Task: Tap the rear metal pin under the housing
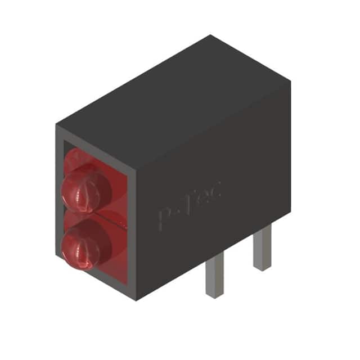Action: click(262, 247)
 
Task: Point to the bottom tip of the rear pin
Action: click(262, 268)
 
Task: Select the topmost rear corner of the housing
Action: click(210, 35)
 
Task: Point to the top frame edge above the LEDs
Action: click(96, 143)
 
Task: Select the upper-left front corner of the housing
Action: click(56, 125)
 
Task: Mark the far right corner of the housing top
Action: click(290, 80)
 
